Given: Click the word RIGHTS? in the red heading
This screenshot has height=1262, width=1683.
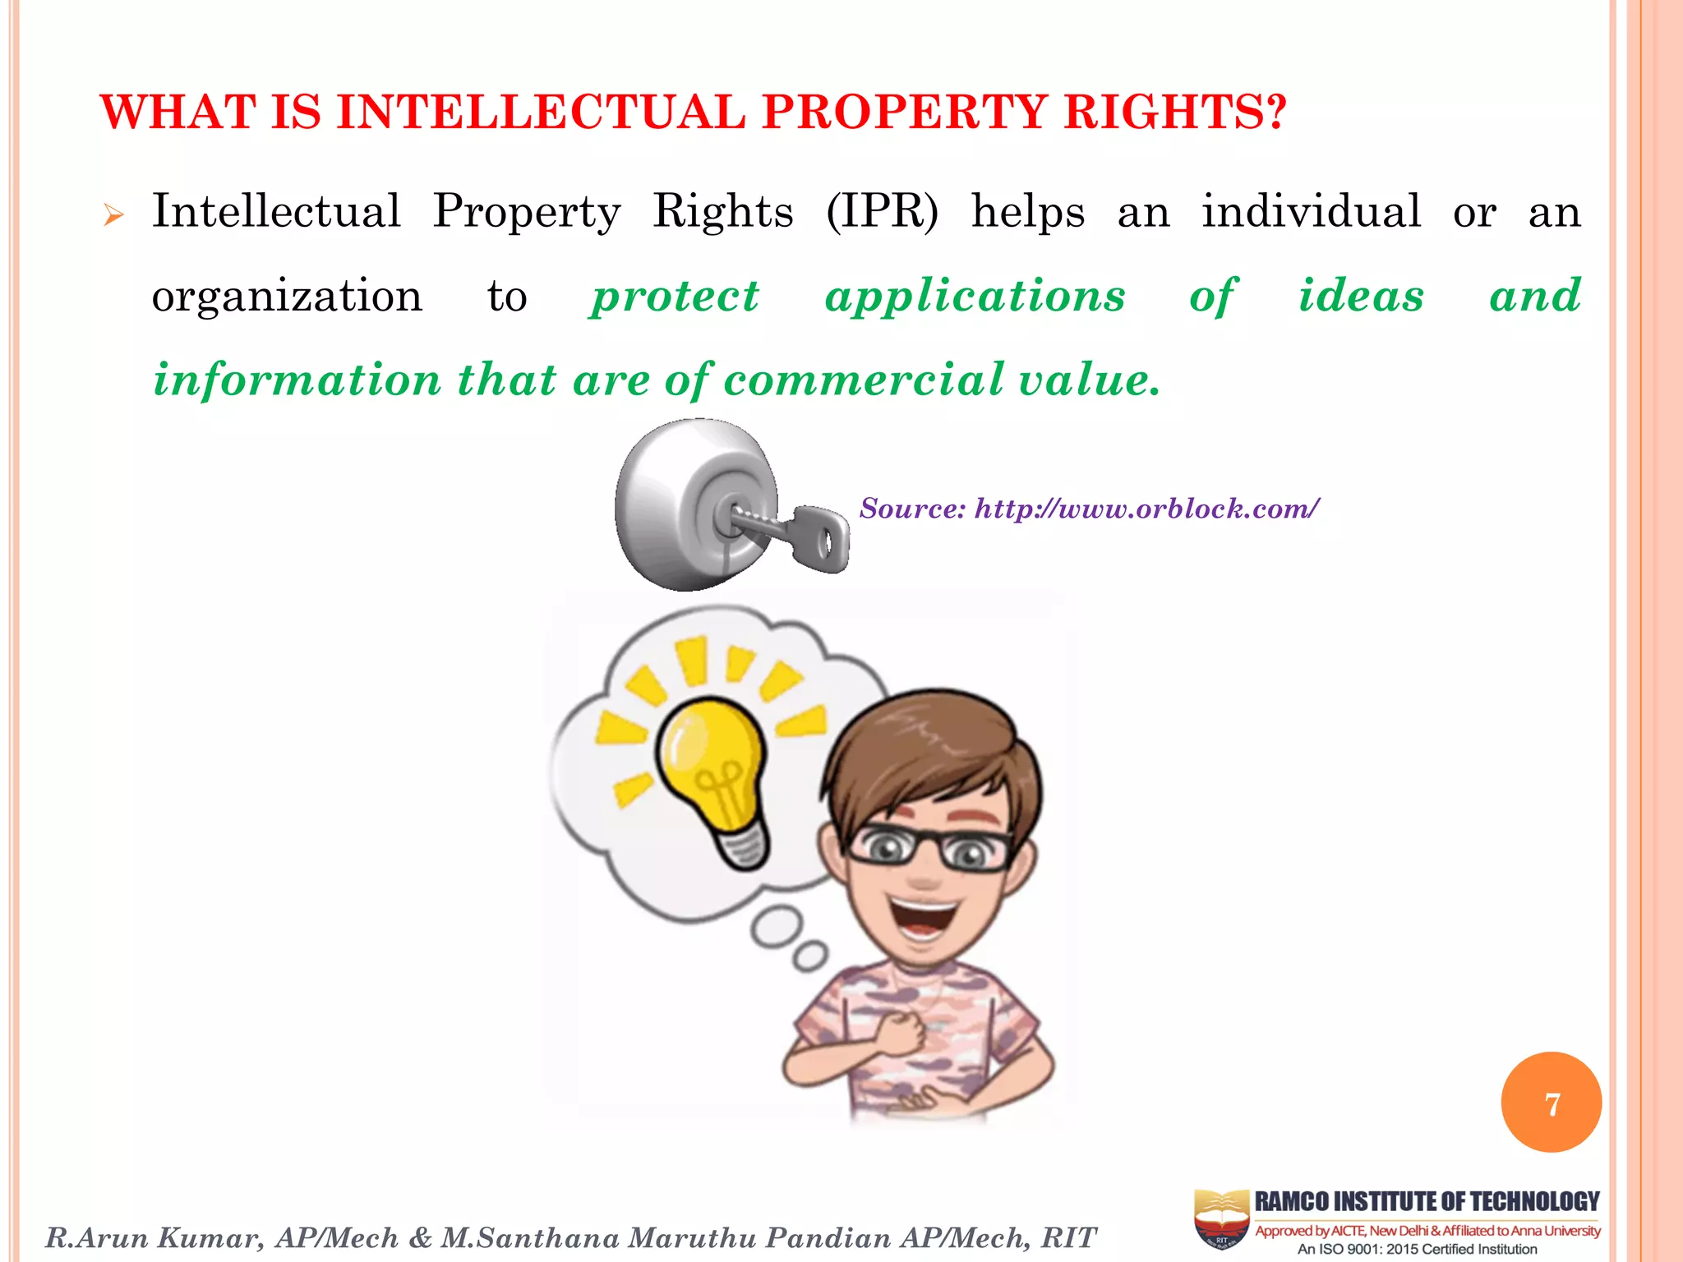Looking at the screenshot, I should click(1174, 112).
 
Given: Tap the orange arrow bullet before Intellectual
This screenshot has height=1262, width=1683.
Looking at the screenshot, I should click(113, 216).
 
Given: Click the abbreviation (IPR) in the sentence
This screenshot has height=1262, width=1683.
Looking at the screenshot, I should click(882, 211).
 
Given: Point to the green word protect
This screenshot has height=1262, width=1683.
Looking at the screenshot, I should click(675, 296).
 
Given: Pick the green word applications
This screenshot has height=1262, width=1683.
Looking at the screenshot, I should click(975, 296).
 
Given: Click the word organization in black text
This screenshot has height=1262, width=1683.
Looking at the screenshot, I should click(287, 296).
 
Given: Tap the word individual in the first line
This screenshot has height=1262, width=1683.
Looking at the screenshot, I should click(1311, 211).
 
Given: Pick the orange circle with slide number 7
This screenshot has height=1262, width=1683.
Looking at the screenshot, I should click(1551, 1103).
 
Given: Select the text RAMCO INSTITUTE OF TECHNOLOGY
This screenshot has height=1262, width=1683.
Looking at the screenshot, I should click(1427, 1201).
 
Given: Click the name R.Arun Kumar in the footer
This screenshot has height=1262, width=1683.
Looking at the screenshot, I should click(154, 1237).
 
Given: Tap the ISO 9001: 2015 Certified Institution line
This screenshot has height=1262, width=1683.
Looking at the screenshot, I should click(1417, 1250).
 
